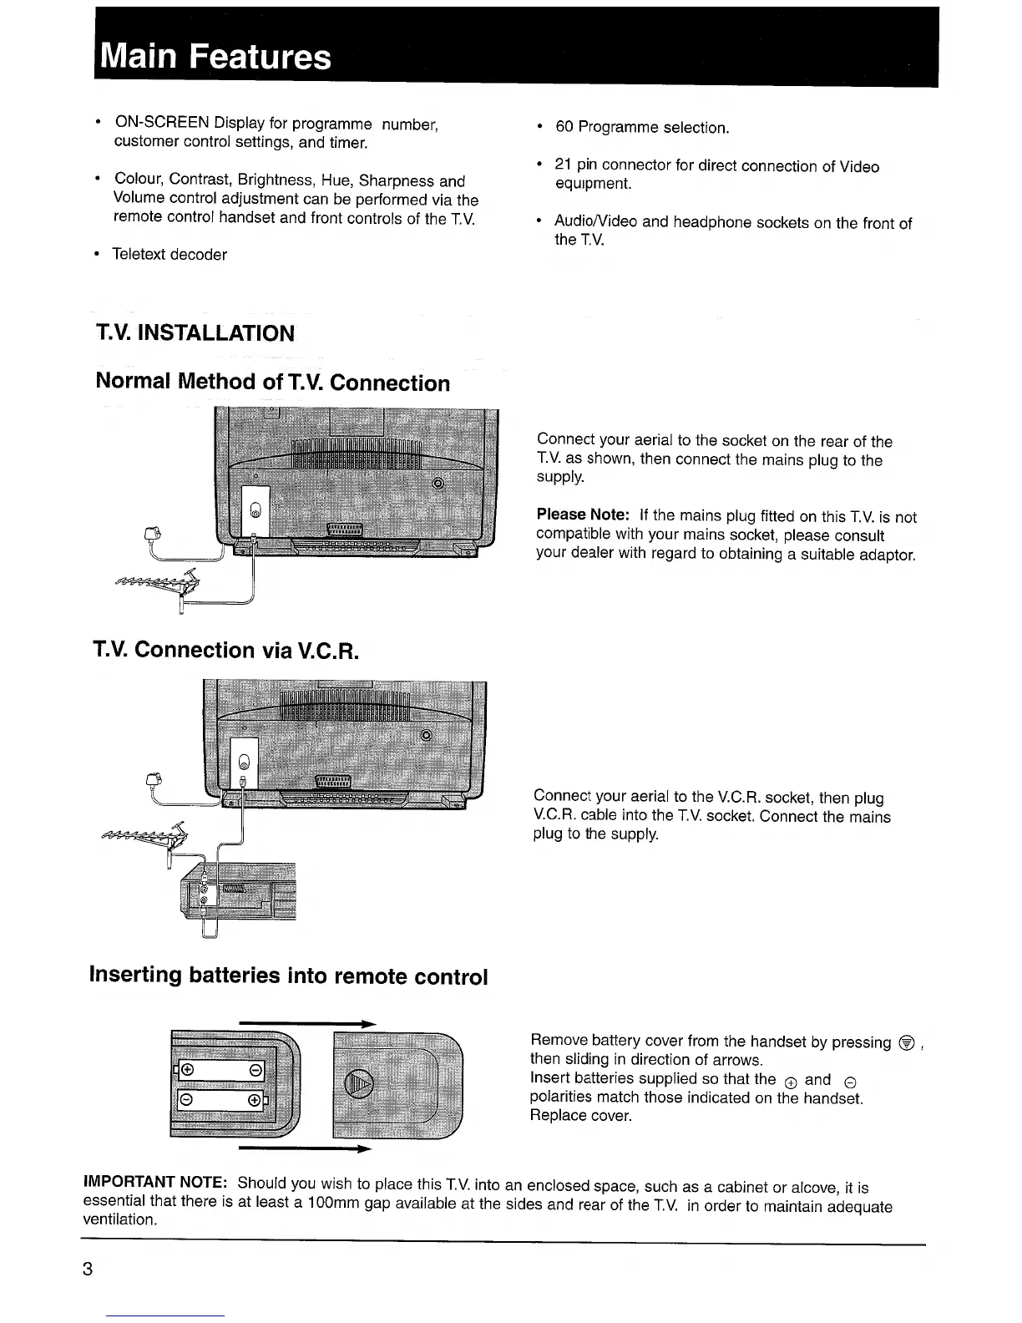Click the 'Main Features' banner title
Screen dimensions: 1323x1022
tap(214, 57)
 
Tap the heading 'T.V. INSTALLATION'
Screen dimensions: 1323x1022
tap(195, 333)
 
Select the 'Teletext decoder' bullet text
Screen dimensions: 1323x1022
tap(169, 255)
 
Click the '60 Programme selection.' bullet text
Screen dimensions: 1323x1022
tap(641, 128)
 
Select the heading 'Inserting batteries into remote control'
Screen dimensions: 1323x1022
tap(288, 976)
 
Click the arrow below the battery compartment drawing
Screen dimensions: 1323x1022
tap(305, 1150)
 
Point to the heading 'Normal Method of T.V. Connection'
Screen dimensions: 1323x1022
tap(273, 383)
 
